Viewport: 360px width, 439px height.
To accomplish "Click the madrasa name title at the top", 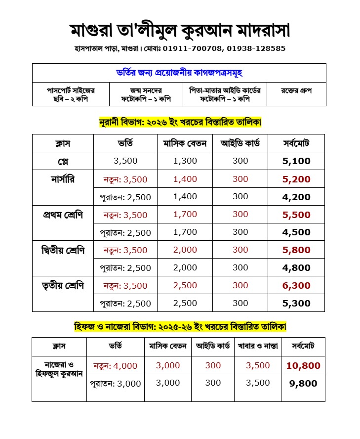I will point(180,31).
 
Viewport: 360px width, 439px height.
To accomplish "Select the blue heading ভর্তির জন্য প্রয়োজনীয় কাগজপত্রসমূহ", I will point(179,73).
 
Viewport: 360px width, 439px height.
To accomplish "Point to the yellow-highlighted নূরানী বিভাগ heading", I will point(180,121).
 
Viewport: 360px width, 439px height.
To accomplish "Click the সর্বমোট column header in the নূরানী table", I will point(296,143).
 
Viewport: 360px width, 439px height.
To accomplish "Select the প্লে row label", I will point(63,161).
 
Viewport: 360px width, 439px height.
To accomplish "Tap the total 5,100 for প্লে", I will point(296,161).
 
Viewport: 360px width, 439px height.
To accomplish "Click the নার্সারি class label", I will point(63,178).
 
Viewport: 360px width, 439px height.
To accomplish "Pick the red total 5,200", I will point(296,179).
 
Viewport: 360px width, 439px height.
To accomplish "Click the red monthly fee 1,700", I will point(185,215).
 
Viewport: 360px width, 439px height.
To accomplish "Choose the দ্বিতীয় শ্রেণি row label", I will point(63,250).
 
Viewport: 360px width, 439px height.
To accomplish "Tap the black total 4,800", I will point(296,267).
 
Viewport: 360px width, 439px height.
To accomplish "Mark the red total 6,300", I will point(296,285).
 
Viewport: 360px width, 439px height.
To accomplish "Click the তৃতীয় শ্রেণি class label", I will point(63,285).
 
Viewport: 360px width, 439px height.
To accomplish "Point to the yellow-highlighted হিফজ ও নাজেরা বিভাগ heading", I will point(180,327).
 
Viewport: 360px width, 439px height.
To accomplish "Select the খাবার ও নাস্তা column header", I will point(258,346).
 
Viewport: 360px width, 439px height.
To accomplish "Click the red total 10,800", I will point(303,366).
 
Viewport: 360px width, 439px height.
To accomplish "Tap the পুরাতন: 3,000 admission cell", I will point(116,383).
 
